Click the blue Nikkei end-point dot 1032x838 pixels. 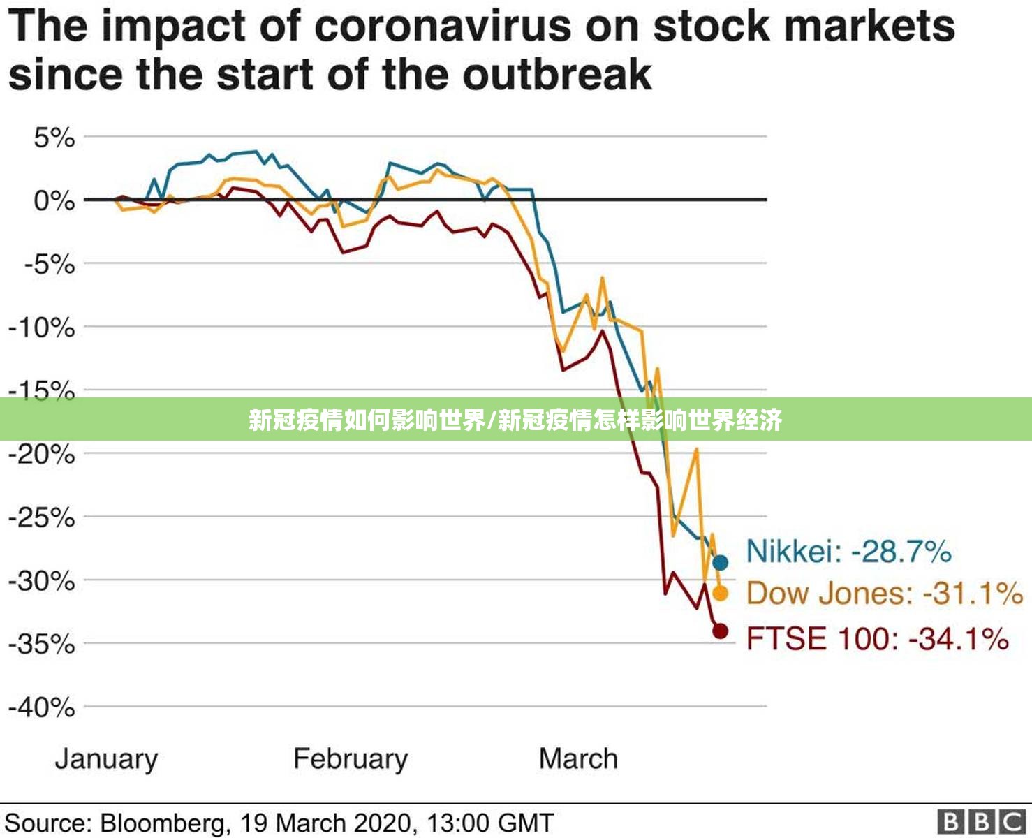point(721,562)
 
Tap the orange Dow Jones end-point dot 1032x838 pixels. point(721,594)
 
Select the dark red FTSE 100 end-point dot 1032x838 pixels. point(721,631)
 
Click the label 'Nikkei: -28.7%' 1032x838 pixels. point(849,551)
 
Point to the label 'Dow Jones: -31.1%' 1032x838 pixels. point(885,593)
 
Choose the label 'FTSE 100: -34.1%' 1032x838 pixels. point(878,638)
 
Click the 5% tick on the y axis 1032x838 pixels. point(54,138)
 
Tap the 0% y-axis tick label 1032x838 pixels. point(54,200)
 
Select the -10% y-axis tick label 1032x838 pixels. point(42,328)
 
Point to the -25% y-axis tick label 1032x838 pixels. point(42,518)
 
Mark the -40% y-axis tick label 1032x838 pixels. point(42,707)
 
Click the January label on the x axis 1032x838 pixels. point(107,760)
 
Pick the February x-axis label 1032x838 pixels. point(351,760)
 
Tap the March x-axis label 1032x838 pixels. point(579,758)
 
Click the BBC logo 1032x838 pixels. point(982,822)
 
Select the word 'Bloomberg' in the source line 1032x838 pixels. point(163,823)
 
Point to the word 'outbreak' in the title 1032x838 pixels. point(557,75)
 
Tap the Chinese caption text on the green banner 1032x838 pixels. point(515,420)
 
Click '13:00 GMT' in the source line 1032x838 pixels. point(490,823)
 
